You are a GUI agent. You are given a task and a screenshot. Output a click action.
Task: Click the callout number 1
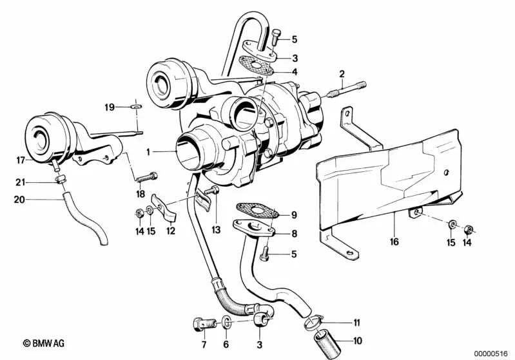pos(148,153)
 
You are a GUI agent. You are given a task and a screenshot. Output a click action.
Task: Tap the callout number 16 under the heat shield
pos(394,242)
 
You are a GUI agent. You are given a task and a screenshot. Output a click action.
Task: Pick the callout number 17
pos(20,159)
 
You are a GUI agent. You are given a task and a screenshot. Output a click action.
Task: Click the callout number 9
pos(293,215)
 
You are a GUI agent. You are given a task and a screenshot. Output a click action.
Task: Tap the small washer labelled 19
pos(136,106)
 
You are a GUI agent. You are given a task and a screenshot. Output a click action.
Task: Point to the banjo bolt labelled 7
pos(199,321)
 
